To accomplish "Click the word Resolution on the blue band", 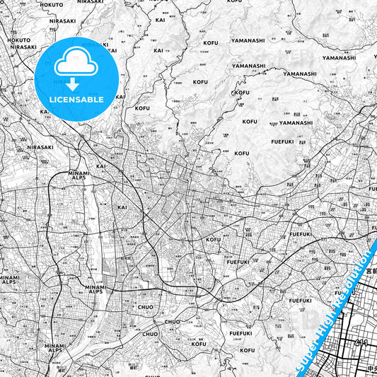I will [349, 283].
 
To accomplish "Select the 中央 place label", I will [371, 369].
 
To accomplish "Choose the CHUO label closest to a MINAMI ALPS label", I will [145, 307].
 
